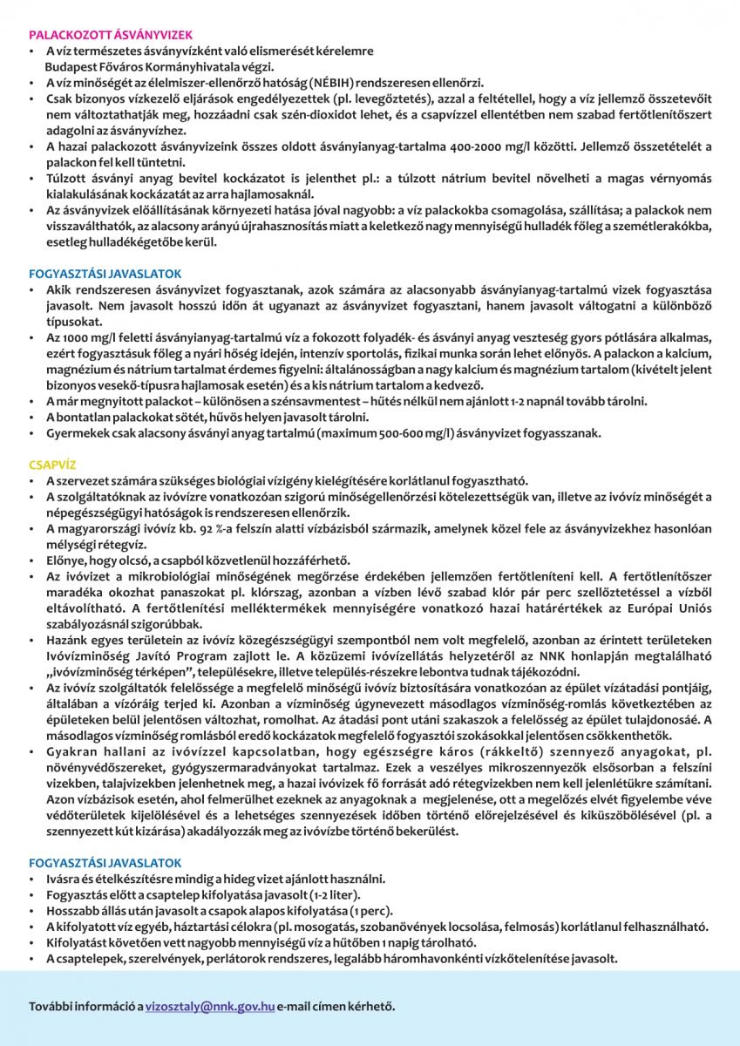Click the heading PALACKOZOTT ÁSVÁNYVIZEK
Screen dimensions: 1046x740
[110, 37]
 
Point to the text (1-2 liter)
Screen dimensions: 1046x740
[329, 895]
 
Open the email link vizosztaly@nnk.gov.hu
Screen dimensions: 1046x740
[210, 1006]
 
